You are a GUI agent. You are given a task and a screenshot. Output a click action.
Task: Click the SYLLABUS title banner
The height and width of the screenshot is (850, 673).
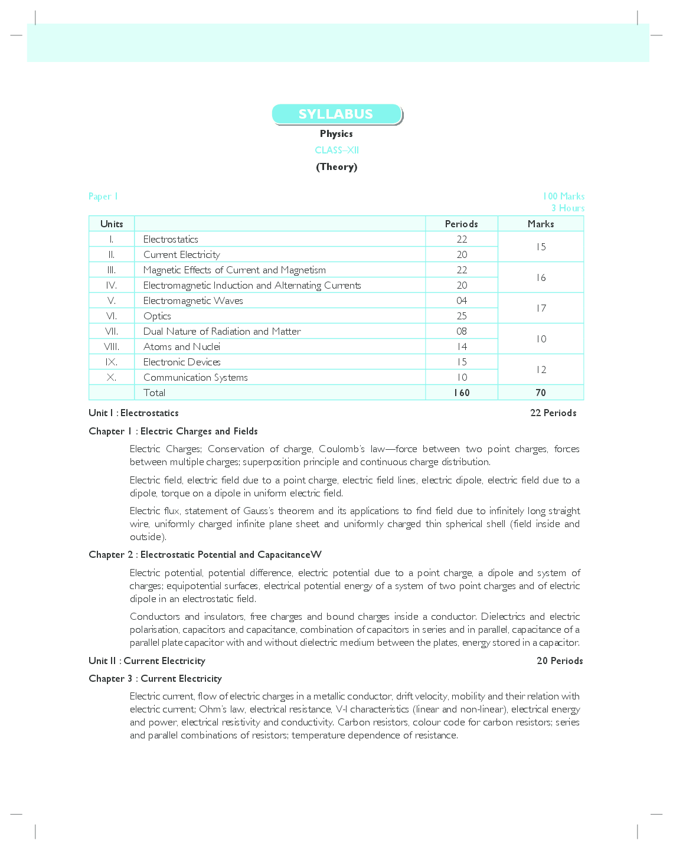[x=336, y=114]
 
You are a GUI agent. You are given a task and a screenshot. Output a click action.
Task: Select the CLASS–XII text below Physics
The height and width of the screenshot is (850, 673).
[x=336, y=150]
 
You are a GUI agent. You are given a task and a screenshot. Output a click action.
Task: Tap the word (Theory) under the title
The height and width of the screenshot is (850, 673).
[x=336, y=166]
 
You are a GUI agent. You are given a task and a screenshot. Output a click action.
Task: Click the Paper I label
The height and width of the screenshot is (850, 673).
[x=103, y=196]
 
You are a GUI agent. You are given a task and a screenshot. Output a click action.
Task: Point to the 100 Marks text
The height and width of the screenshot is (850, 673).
[x=563, y=196]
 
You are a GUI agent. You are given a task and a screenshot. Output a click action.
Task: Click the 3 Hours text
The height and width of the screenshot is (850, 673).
[x=567, y=208]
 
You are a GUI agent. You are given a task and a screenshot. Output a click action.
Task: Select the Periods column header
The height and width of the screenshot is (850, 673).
[x=461, y=224]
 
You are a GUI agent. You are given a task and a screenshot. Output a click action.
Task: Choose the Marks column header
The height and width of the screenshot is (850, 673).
[x=541, y=224]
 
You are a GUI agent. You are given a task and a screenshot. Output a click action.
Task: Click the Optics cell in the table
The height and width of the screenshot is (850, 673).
[x=157, y=316]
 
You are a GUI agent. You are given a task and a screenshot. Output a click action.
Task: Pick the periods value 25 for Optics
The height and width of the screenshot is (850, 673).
[x=462, y=316]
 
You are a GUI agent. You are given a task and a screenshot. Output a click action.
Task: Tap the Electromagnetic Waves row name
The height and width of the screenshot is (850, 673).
[x=193, y=300]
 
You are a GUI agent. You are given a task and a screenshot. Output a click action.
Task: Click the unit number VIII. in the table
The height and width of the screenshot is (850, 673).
[x=112, y=346]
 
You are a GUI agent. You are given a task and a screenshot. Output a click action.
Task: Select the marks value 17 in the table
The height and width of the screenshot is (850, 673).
[x=541, y=308]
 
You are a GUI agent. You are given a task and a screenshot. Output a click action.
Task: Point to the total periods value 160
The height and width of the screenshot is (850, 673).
[x=462, y=393]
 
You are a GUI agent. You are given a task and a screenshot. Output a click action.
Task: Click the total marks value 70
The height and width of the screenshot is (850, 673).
[x=541, y=393]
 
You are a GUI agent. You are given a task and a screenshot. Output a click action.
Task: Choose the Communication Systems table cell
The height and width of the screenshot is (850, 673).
[x=195, y=377]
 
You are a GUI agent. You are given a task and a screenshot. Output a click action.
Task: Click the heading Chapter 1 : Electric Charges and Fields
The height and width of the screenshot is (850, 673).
[x=173, y=431]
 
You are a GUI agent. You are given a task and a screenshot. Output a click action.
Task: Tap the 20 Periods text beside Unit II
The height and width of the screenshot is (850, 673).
[x=559, y=661]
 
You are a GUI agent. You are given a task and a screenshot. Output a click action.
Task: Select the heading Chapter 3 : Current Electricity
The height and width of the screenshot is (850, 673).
[x=155, y=678]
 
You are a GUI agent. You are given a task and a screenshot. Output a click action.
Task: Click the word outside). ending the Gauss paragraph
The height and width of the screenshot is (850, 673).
[x=148, y=537]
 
